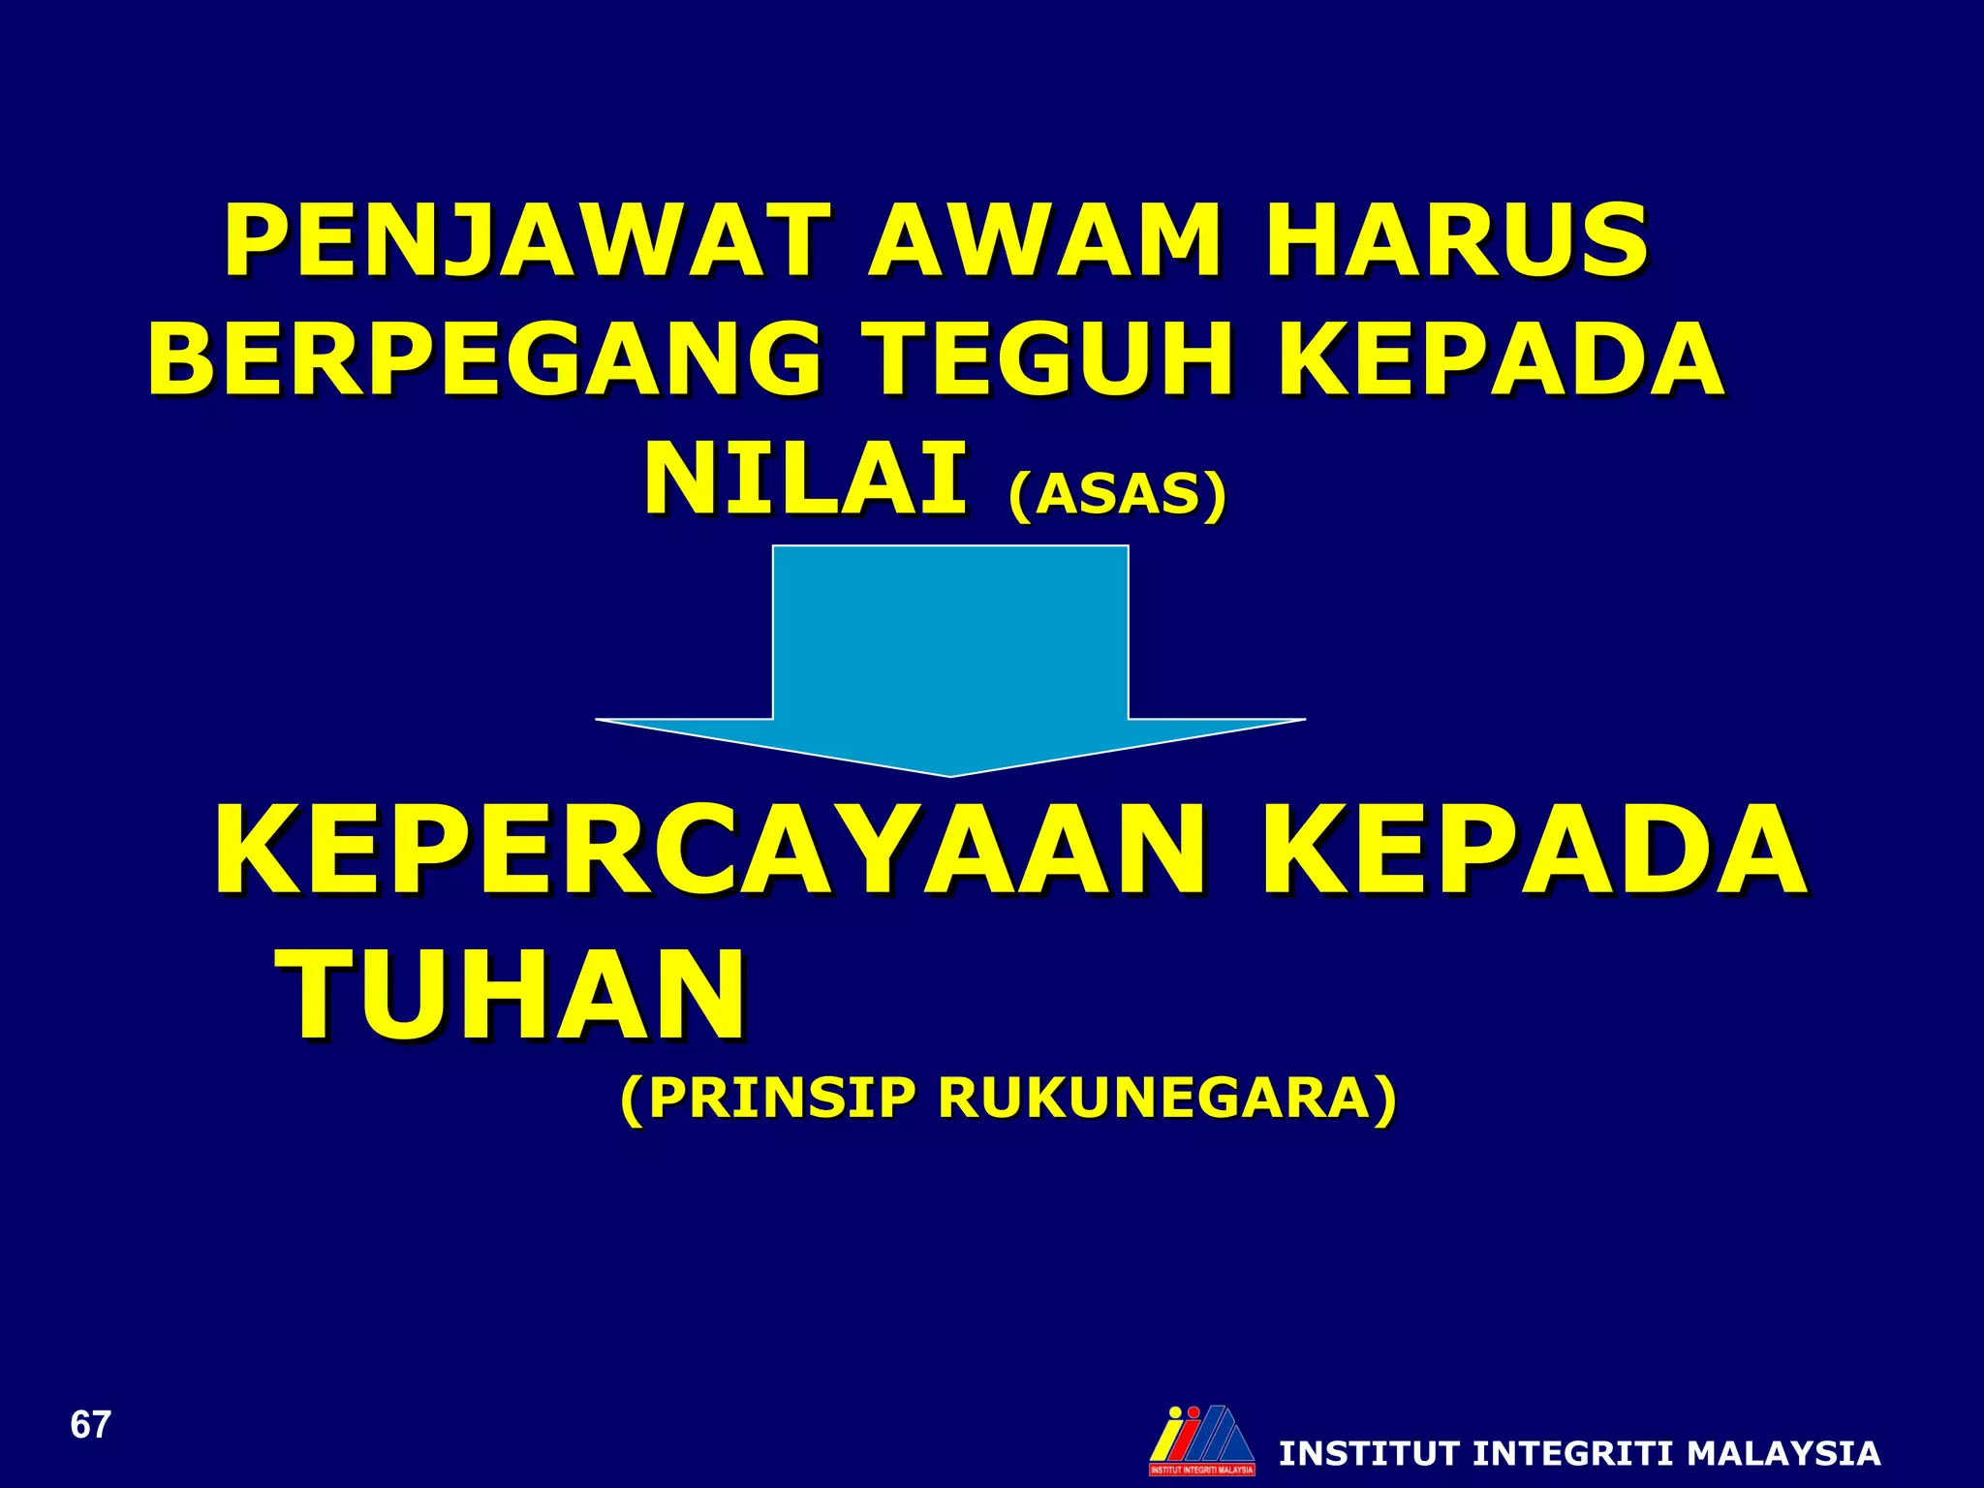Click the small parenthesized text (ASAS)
click(x=1117, y=494)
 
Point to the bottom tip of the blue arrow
click(x=950, y=772)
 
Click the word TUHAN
click(x=514, y=995)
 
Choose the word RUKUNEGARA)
click(x=1167, y=1099)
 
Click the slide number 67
click(x=91, y=1425)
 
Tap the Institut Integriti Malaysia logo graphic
click(x=1202, y=1440)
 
